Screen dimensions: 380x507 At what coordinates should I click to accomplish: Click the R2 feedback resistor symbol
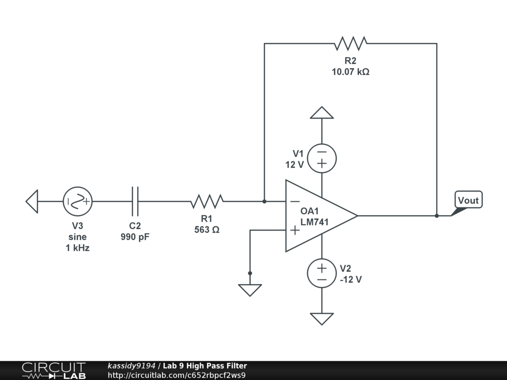pyautogui.click(x=351, y=44)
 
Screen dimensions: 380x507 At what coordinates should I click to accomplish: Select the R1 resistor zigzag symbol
pyautogui.click(x=207, y=201)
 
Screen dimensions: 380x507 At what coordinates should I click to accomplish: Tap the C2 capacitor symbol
pyautogui.click(x=135, y=201)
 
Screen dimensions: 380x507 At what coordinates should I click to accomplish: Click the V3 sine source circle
pyautogui.click(x=78, y=201)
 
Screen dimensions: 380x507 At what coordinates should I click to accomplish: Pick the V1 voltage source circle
pyautogui.click(x=322, y=158)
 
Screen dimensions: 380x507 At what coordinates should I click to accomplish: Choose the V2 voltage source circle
pyautogui.click(x=322, y=274)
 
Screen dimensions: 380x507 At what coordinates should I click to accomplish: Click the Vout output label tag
pyautogui.click(x=468, y=200)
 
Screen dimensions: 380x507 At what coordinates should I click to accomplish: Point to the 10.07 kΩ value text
pyautogui.click(x=351, y=72)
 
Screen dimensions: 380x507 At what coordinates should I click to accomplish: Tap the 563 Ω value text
pyautogui.click(x=207, y=230)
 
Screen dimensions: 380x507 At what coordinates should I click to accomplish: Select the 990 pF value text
pyautogui.click(x=135, y=237)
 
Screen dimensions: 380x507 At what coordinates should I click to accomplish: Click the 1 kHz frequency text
pyautogui.click(x=78, y=248)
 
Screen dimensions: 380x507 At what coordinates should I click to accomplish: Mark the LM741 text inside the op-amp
pyautogui.click(x=314, y=222)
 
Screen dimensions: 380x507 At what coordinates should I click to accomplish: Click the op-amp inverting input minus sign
pyautogui.click(x=295, y=201)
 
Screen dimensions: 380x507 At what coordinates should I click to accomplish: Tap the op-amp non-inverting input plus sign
pyautogui.click(x=295, y=230)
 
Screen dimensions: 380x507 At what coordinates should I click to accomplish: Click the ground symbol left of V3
pyautogui.click(x=32, y=201)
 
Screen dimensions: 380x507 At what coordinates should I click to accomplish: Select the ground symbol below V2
pyautogui.click(x=322, y=319)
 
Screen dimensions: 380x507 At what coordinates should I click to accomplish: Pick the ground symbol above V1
pyautogui.click(x=322, y=113)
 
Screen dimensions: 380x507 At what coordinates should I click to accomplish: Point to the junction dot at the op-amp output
pyautogui.click(x=437, y=216)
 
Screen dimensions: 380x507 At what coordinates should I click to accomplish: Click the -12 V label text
pyautogui.click(x=351, y=280)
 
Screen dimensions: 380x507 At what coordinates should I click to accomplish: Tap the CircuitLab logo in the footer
pyautogui.click(x=53, y=371)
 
